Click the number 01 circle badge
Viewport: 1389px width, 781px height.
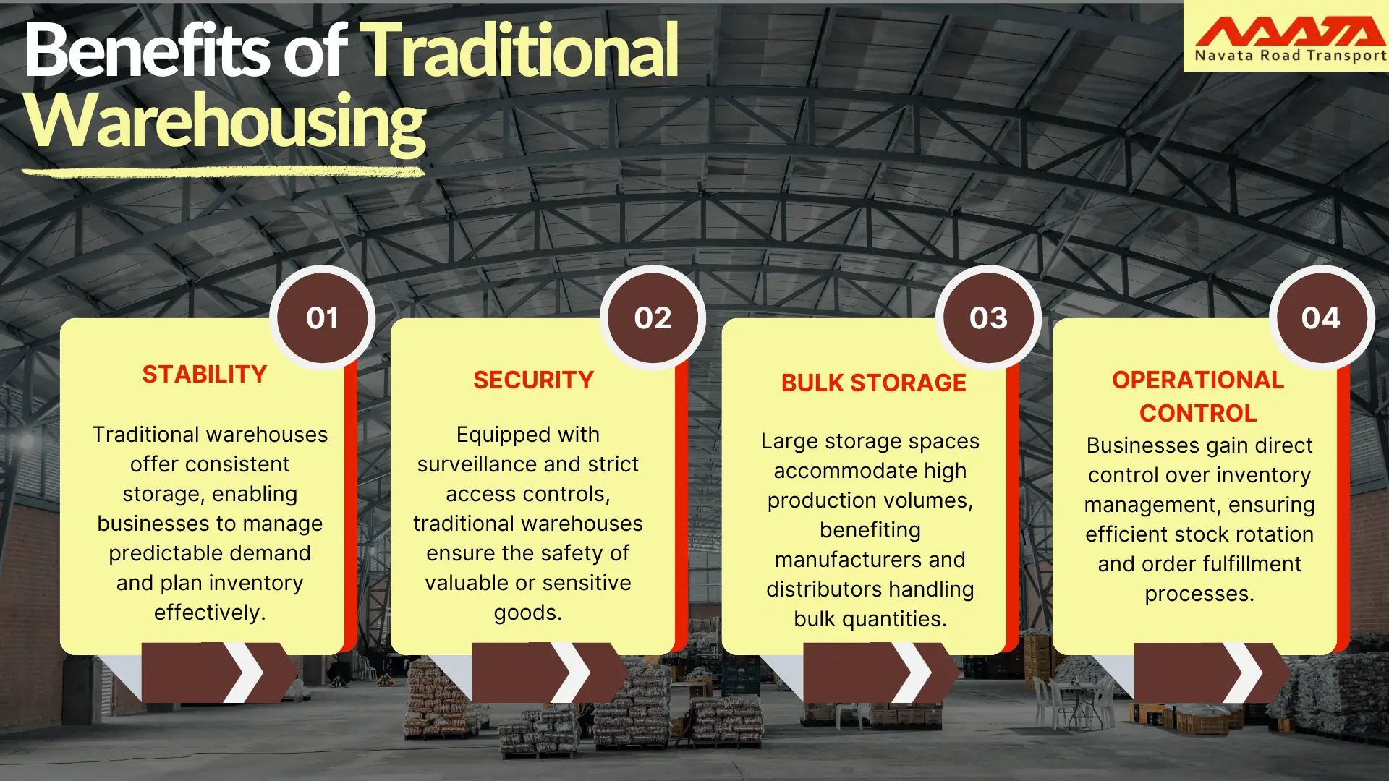pos(322,318)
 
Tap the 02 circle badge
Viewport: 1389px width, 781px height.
pos(653,318)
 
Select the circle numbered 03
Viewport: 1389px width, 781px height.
pos(988,318)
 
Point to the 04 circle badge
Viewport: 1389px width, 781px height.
pos(1320,318)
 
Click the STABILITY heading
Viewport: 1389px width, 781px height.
pos(205,375)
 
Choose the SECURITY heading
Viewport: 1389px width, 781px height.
pos(533,380)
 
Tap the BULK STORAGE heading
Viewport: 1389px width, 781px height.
pos(873,383)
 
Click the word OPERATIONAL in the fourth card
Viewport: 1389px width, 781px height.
pos(1198,380)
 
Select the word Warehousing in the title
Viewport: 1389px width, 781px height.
pos(225,121)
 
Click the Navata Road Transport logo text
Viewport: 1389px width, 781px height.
pos(1290,56)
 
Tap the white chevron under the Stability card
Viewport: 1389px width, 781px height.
pos(244,673)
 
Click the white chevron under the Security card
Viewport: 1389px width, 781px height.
pos(572,673)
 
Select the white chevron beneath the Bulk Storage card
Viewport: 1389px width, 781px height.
pos(912,673)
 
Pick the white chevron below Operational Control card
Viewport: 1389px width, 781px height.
pos(1244,673)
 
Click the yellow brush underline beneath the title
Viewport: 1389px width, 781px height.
pos(223,172)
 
